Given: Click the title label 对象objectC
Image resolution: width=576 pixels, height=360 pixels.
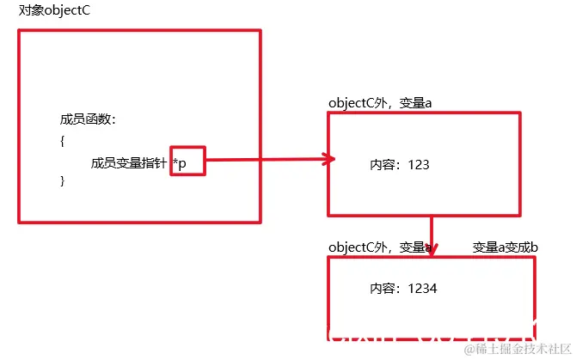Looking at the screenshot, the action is point(53,12).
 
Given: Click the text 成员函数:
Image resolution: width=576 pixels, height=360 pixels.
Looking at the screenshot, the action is point(88,119).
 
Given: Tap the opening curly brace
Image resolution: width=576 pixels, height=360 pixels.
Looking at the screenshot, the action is point(63,142).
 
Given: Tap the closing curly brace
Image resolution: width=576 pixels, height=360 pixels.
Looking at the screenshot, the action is point(63,180).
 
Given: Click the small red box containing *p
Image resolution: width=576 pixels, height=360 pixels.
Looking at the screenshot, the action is point(187,161).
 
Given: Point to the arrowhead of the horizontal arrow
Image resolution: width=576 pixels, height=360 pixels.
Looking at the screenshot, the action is point(329,158).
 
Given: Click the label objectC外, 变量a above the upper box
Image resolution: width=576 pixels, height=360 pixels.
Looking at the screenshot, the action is point(379,103).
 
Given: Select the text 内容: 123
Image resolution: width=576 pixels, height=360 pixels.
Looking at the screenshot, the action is point(399,163).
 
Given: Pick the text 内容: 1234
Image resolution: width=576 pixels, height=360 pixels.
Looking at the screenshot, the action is point(403,289).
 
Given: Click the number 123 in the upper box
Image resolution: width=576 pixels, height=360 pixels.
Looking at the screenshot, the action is point(419,163).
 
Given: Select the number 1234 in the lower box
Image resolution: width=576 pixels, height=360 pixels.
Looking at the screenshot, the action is point(423,289).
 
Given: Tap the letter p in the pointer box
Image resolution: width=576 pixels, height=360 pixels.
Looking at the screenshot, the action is point(183,163).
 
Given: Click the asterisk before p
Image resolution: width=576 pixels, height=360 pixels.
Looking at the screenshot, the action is point(175,161).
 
